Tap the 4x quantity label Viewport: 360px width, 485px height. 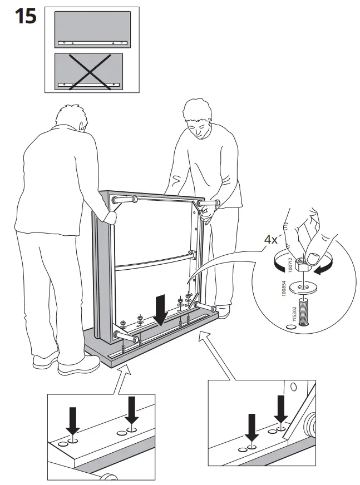pyautogui.click(x=270, y=240)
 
